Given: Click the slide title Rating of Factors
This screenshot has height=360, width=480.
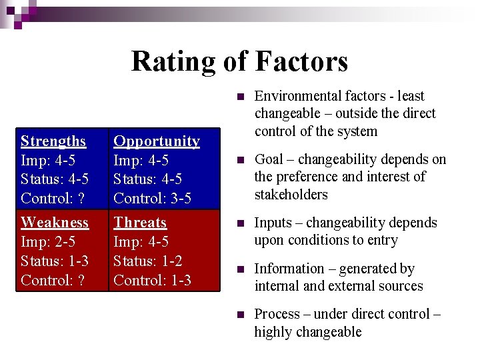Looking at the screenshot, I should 239,61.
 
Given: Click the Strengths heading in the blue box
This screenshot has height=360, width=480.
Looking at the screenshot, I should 53,141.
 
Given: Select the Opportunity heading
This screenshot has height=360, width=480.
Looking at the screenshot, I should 157,141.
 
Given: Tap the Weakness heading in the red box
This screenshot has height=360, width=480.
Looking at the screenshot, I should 55,223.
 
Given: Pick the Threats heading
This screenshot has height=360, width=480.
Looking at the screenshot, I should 140,223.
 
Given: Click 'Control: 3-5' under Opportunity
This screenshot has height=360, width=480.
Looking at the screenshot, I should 152,198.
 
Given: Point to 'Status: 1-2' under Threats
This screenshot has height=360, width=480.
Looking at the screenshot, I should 147,261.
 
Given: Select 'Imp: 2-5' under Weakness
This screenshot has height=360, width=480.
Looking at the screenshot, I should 48,241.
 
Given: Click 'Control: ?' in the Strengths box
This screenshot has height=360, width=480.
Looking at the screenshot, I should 53,198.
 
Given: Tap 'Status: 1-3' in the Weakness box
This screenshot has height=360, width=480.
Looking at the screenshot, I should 55,261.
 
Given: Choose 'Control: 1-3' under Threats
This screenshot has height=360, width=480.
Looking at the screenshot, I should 152,280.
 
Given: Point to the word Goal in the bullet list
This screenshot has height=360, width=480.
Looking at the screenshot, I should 269,159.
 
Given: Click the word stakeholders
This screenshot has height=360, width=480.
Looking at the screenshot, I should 291,195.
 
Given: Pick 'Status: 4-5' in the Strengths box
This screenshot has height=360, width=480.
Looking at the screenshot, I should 55,179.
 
